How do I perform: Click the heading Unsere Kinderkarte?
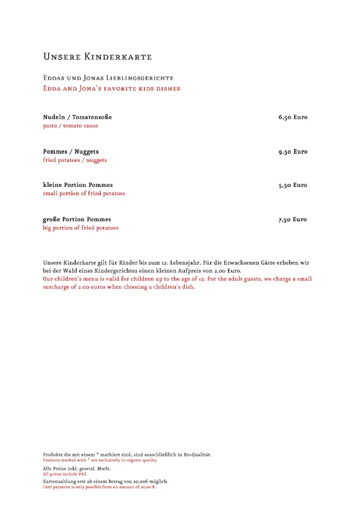tap(97, 57)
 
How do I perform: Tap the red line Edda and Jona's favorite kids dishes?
tap(112, 89)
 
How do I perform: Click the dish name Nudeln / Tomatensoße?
tap(77, 117)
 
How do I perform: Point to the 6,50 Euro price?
tap(292, 117)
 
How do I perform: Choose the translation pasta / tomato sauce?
tap(70, 126)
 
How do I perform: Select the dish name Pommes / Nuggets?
tap(71, 152)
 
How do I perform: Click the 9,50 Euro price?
tap(292, 152)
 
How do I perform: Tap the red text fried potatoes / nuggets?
tap(75, 160)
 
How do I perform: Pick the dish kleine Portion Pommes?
tap(78, 185)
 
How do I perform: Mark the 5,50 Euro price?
tap(292, 185)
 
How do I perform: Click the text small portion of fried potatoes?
tap(83, 193)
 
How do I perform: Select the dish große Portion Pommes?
tap(76, 219)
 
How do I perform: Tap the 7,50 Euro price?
tap(292, 219)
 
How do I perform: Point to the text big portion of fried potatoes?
tap(80, 228)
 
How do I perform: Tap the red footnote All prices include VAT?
tap(65, 474)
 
